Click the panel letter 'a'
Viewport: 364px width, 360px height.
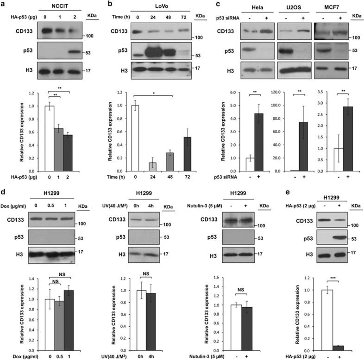4,4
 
